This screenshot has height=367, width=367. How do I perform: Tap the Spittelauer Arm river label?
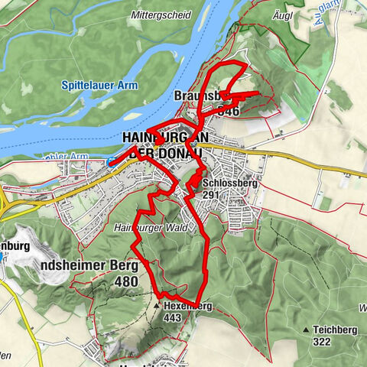click(101, 86)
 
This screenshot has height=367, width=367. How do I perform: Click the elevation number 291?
click(213, 195)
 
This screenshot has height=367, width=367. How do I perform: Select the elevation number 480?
click(125, 282)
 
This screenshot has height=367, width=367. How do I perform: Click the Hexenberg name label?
click(187, 306)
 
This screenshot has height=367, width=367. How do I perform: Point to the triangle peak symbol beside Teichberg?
click(307, 330)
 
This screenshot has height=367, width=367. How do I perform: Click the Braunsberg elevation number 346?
click(228, 111)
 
